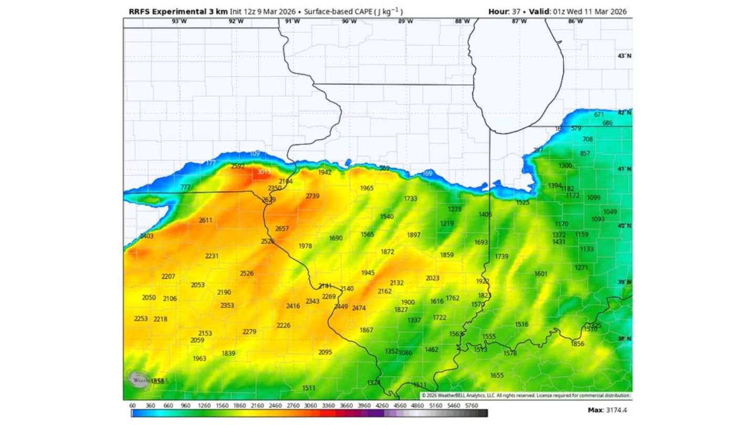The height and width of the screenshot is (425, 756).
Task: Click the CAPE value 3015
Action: click(x=264, y=172)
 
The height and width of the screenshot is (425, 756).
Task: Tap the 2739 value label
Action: click(x=312, y=196)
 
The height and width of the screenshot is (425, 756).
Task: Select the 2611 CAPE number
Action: click(x=205, y=220)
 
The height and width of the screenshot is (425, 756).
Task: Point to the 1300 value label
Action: click(x=565, y=166)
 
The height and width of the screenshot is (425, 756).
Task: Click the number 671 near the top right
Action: click(x=599, y=114)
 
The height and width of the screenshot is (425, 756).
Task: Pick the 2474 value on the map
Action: click(x=359, y=308)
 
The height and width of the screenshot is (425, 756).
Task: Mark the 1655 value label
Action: click(x=497, y=375)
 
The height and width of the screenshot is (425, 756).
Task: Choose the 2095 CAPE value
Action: click(x=325, y=352)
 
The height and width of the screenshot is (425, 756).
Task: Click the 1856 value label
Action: click(x=577, y=344)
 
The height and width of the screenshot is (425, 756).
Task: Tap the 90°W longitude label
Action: click(x=349, y=22)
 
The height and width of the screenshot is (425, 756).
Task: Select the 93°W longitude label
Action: click(x=179, y=22)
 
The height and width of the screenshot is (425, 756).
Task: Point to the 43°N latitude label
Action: click(x=624, y=56)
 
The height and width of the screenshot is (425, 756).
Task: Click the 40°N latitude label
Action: click(x=624, y=226)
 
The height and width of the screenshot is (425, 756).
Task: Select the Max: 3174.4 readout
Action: click(x=607, y=409)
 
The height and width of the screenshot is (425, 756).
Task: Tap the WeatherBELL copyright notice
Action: click(x=526, y=395)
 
